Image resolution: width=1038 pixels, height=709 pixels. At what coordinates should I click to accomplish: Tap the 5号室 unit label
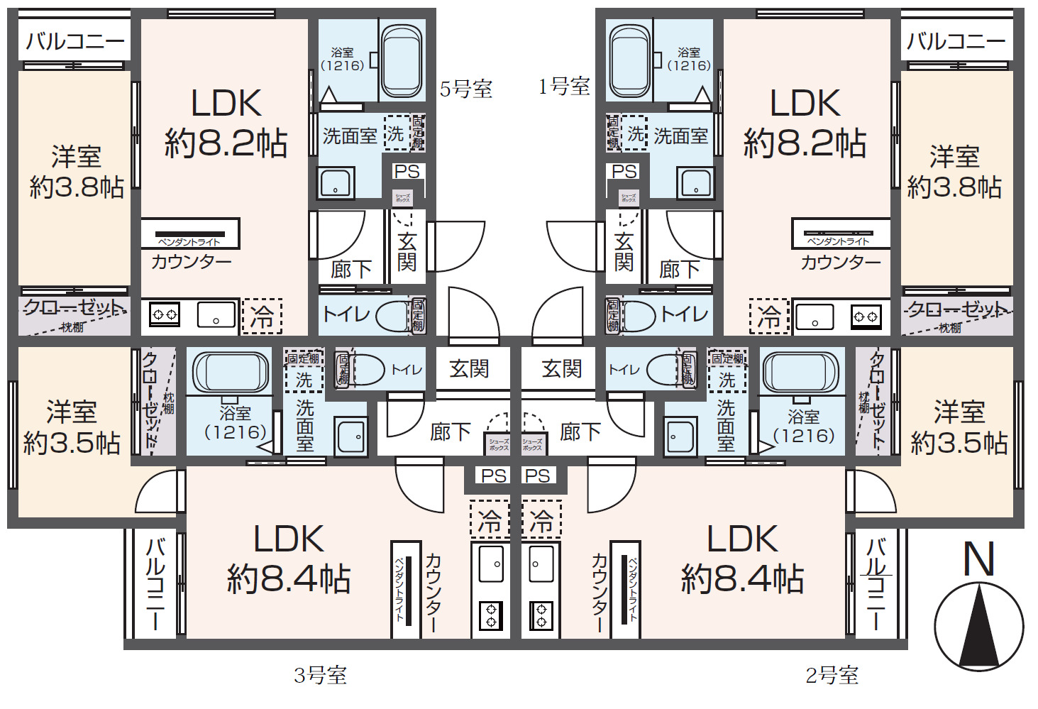(x=465, y=89)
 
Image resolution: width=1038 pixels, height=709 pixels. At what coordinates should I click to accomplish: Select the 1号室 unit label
(x=564, y=87)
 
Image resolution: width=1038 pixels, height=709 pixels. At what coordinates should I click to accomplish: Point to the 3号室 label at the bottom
(x=320, y=675)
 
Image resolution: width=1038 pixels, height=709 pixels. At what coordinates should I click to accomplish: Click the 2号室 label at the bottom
(x=832, y=675)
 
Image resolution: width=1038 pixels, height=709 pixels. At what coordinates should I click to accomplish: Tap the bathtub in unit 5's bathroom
(x=402, y=62)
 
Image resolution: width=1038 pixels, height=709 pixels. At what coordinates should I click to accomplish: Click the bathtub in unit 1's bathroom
(x=629, y=62)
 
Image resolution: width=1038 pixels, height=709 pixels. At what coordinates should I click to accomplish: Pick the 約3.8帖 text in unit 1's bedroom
(x=954, y=187)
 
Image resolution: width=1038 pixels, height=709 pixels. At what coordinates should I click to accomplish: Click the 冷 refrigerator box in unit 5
(x=262, y=317)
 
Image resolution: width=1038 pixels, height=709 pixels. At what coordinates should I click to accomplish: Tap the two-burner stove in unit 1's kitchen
(x=866, y=317)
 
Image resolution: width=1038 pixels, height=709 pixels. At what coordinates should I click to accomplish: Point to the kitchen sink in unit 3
(x=491, y=564)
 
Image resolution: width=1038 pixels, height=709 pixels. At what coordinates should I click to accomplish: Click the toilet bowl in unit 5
(x=392, y=317)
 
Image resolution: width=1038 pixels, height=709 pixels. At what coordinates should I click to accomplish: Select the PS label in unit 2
(x=538, y=476)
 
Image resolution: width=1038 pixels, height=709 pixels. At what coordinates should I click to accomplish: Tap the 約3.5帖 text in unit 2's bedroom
(x=959, y=444)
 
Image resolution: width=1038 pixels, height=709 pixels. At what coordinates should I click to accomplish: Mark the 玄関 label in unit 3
(x=469, y=369)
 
